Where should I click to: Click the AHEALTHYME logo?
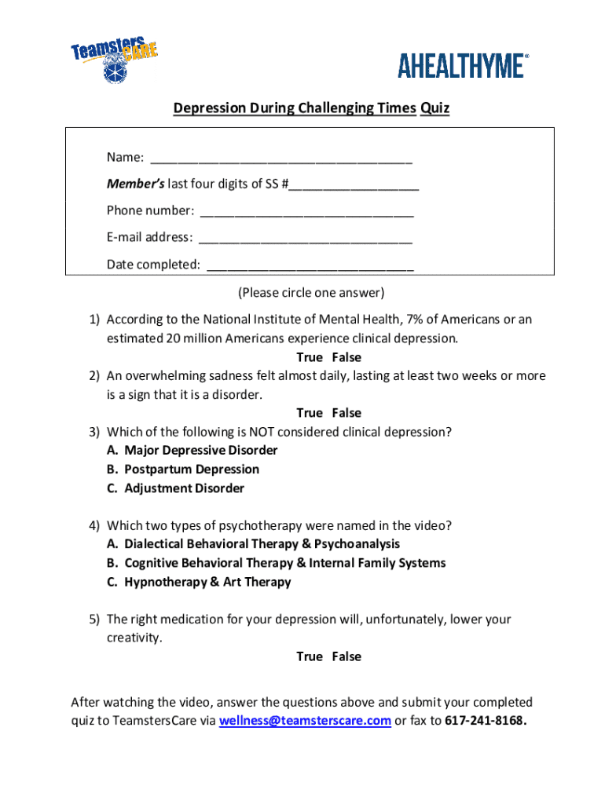[x=463, y=66]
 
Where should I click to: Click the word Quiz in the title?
[x=434, y=108]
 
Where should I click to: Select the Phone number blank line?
[x=306, y=211]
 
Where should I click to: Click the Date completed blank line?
[x=310, y=265]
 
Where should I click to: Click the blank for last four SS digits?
[x=354, y=185]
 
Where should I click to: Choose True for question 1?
[x=310, y=357]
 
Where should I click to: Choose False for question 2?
[x=346, y=413]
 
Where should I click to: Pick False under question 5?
[x=346, y=656]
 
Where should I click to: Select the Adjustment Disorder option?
[x=184, y=488]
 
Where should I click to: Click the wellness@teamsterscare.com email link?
[x=305, y=721]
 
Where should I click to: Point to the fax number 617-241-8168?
[x=485, y=721]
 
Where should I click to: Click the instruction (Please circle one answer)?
[x=312, y=293]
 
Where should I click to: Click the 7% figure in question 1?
[x=417, y=320]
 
